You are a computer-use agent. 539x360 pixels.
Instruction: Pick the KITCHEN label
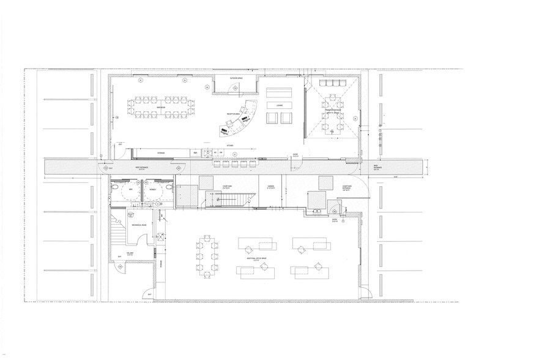(230, 146)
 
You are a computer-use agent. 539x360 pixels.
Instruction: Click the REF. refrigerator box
(195, 151)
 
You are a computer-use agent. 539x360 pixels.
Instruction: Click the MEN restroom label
(131, 190)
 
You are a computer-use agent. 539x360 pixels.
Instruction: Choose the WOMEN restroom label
(152, 190)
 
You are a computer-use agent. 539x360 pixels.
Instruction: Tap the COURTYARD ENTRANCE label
(346, 189)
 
